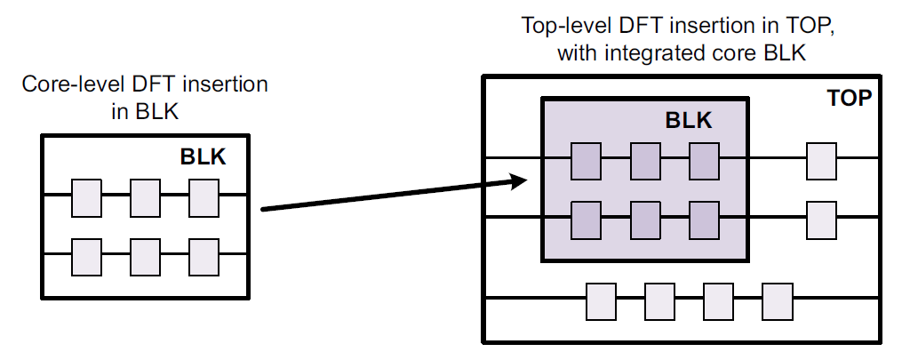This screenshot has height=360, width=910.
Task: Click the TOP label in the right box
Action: coord(849,98)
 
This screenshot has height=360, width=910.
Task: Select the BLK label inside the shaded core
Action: coord(689,121)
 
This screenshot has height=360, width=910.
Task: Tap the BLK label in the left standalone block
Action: coord(204,157)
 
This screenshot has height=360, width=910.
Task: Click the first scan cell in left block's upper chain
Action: coord(86,197)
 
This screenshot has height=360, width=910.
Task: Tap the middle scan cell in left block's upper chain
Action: coord(145,197)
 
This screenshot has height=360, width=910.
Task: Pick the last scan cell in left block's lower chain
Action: coord(204,256)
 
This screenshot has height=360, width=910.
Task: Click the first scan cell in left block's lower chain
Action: coord(86,256)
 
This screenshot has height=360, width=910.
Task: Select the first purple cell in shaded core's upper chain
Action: coord(586,161)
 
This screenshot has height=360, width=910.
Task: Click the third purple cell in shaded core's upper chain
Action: coord(703,161)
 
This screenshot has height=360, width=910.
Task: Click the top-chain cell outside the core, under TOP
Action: coord(821,161)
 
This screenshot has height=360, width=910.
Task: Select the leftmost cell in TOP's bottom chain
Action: coord(601,300)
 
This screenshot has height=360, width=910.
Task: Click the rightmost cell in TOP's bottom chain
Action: coord(777,300)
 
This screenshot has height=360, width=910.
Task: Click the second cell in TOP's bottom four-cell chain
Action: coord(659,300)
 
